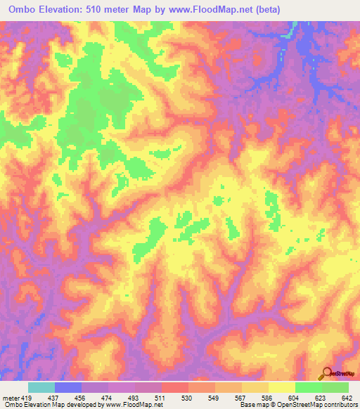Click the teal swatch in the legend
(41, 387)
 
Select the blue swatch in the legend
(68, 387)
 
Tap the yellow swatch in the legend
(281, 387)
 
